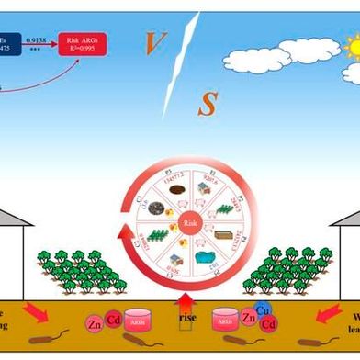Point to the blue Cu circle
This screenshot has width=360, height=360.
(x=262, y=312)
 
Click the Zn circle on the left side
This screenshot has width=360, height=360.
(x=95, y=323)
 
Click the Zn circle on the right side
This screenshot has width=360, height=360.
(x=247, y=320)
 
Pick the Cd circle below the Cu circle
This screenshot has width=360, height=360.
(x=268, y=325)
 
